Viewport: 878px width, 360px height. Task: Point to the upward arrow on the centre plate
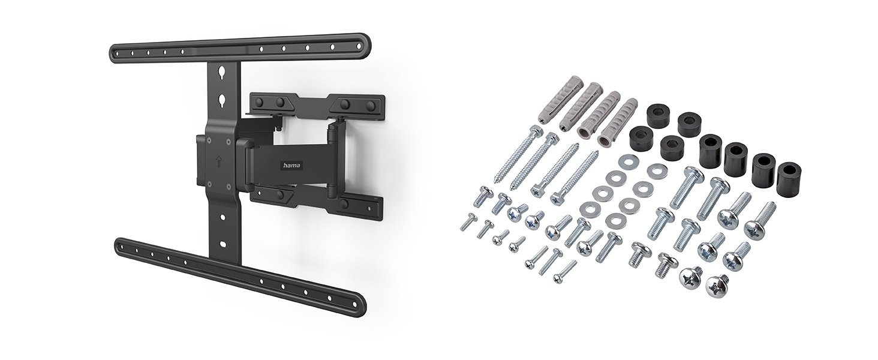[x=219, y=160]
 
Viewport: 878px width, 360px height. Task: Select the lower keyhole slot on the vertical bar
[x=222, y=98]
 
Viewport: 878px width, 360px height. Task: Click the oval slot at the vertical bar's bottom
[x=223, y=244]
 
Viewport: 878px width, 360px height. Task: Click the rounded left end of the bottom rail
[x=120, y=245]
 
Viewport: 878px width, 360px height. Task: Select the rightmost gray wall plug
[x=617, y=122]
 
